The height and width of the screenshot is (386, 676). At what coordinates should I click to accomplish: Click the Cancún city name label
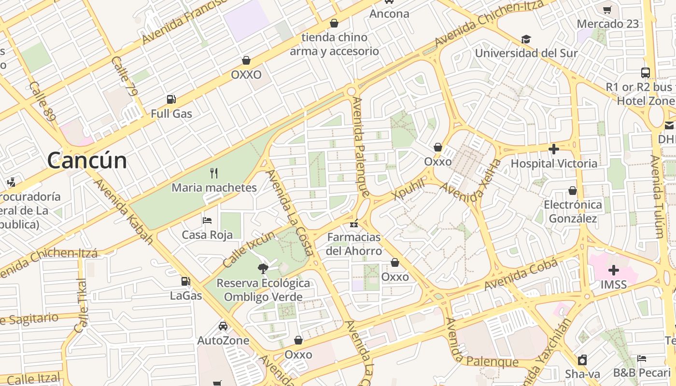pos(87,161)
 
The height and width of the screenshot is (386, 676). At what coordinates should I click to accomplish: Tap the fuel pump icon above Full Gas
pos(171,100)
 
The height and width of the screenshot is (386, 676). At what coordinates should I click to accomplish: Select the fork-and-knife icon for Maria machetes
pos(214,173)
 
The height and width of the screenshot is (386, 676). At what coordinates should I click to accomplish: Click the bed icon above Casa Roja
pos(207,221)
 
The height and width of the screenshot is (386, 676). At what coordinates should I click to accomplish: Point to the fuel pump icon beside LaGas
pos(185,281)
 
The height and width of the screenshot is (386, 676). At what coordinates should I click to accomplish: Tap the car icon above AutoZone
pos(223,326)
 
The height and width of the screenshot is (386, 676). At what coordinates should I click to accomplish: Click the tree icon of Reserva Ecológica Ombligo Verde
pos(263,268)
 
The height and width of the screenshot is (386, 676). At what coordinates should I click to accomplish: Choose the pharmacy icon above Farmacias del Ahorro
pos(354,223)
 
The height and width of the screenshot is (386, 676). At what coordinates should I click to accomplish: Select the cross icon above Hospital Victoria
pos(554,149)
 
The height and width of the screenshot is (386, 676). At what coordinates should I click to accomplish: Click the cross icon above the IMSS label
pos(614,270)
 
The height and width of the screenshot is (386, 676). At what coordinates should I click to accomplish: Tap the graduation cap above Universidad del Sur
pos(526,39)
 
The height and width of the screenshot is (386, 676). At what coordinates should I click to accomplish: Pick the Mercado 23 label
pos(607,24)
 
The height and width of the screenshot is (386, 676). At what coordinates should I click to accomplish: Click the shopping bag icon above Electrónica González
pos(573,191)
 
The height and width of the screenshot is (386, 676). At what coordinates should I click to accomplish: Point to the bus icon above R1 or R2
pos(646,73)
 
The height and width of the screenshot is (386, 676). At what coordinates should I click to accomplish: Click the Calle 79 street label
pos(124,76)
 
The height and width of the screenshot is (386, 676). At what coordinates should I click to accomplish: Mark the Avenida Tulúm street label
pos(657,196)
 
